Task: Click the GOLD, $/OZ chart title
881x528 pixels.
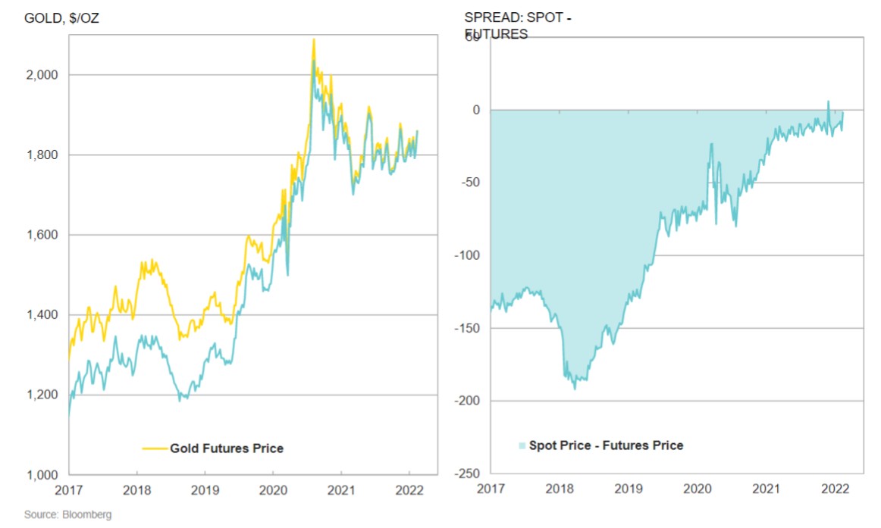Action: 61,17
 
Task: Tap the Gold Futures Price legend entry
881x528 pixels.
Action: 226,448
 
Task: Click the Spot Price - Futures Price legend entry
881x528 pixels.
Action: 606,445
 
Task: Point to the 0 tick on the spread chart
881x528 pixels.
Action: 476,111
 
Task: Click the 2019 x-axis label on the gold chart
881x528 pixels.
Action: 205,490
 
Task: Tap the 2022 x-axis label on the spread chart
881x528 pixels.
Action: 836,490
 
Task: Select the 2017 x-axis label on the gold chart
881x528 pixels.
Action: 68,490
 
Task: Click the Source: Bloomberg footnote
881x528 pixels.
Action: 67,515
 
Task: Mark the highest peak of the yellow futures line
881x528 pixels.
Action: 313,39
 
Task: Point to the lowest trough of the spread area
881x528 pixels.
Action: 575,389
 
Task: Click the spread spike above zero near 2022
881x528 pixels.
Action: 828,102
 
